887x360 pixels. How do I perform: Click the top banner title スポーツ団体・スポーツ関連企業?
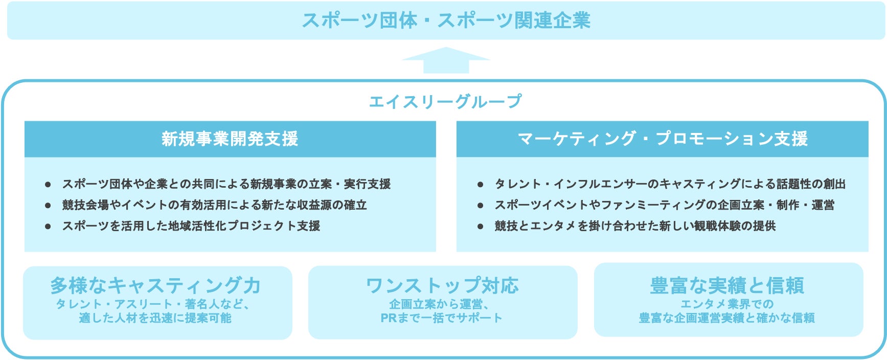coord(446,20)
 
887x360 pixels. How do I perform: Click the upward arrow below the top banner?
coord(446,60)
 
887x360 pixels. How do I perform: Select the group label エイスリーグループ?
coord(445,101)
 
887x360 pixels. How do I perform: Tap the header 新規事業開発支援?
coord(230,139)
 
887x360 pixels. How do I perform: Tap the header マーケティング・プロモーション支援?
coord(663,139)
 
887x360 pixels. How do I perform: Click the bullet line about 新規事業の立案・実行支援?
coord(226,184)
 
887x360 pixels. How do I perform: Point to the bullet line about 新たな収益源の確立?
coord(215,205)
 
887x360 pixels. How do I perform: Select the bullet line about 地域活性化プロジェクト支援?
coord(191,226)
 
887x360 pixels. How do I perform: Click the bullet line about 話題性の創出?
coord(670,184)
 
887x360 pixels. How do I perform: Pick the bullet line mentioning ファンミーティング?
coord(665,205)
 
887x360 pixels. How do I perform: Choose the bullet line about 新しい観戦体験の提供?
coord(635,226)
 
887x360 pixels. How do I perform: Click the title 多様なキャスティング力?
coord(155,285)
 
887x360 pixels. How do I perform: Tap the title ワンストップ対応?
coord(443,285)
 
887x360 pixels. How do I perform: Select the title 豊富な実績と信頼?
coord(727,285)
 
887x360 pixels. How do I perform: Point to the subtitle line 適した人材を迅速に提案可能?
coord(155,318)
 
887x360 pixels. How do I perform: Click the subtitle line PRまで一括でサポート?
coord(442,318)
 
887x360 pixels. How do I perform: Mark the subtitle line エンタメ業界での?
coord(727,304)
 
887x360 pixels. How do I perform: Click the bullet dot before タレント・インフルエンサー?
coord(480,184)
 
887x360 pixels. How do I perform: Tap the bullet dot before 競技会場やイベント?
coord(48,205)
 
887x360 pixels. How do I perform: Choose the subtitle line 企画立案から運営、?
coord(439,304)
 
